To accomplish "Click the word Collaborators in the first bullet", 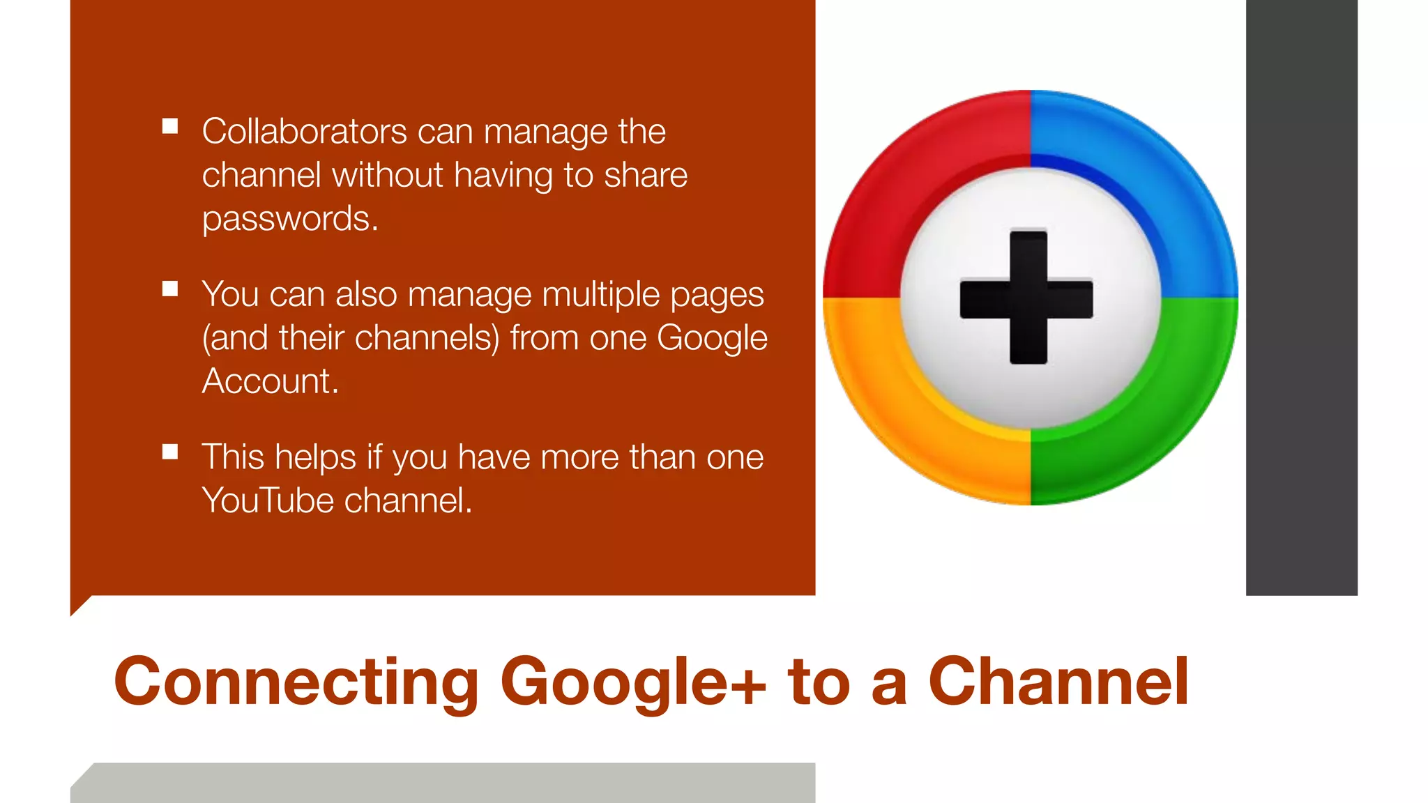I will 304,131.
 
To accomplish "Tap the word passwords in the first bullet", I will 289,219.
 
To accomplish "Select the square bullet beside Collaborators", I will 170,126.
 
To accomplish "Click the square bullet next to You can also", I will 170,289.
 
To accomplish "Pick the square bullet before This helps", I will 170,452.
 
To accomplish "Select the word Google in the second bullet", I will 711,338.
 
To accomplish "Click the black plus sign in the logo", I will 1028,298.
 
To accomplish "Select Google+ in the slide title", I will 632,682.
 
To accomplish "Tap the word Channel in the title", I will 1058,682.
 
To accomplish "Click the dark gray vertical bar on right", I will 1301,298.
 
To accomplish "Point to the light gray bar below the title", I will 446,783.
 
